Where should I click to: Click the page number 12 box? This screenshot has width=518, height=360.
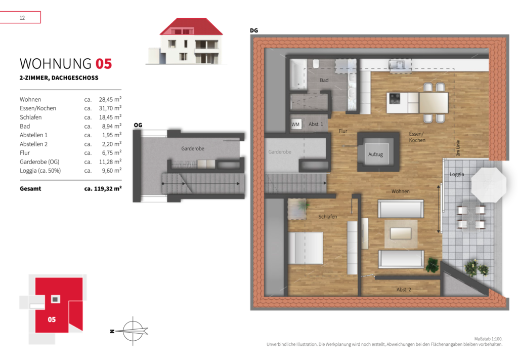coord(20,18)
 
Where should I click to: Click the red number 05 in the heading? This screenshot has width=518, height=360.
coord(104,64)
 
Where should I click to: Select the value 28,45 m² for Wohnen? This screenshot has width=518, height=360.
coord(110,99)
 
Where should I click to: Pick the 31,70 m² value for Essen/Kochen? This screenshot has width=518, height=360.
coord(110,108)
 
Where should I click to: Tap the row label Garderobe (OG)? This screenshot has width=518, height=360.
coord(39,162)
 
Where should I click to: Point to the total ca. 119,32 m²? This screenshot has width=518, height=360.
coord(103,189)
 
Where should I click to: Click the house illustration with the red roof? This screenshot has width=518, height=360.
coord(187,41)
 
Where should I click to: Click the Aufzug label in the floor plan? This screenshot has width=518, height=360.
coord(376,154)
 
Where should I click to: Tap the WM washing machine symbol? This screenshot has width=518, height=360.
coord(295,124)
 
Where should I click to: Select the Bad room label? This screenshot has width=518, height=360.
coord(324,80)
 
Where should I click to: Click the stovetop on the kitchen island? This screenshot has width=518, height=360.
coord(395,98)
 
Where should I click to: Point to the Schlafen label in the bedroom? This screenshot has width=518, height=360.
coord(328,217)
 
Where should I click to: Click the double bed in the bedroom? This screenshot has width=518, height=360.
coord(305,248)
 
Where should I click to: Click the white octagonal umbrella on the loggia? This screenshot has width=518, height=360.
coord(488,184)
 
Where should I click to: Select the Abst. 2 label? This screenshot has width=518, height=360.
coord(404,290)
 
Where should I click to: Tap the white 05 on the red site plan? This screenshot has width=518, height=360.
coord(52,319)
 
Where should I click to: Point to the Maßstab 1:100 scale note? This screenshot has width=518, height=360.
coord(488,339)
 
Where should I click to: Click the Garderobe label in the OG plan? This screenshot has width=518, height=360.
coord(193,149)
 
